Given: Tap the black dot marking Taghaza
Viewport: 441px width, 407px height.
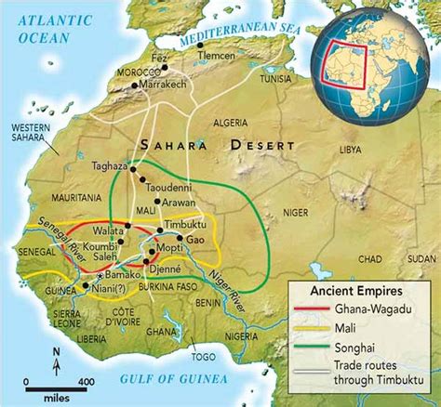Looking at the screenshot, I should (x=134, y=169).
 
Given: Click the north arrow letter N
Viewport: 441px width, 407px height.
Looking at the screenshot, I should (x=56, y=350).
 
